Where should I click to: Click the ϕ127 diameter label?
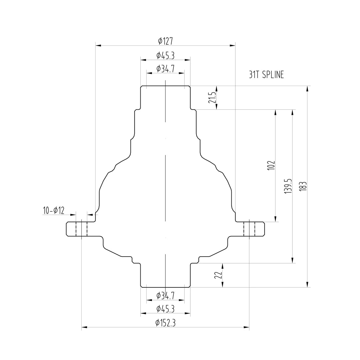pyautogui.click(x=165, y=41)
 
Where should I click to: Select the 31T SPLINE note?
pyautogui.click(x=266, y=75)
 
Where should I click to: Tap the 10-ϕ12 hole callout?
pyautogui.click(x=54, y=210)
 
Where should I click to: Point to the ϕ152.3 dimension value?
pyautogui.click(x=165, y=323)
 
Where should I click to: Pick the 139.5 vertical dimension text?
pyautogui.click(x=288, y=186)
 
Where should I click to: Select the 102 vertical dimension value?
pyautogui.click(x=271, y=165)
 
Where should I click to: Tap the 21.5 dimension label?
pyautogui.click(x=212, y=98)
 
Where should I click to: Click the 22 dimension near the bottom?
pyautogui.click(x=218, y=275)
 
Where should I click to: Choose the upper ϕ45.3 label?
pyautogui.click(x=165, y=56)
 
